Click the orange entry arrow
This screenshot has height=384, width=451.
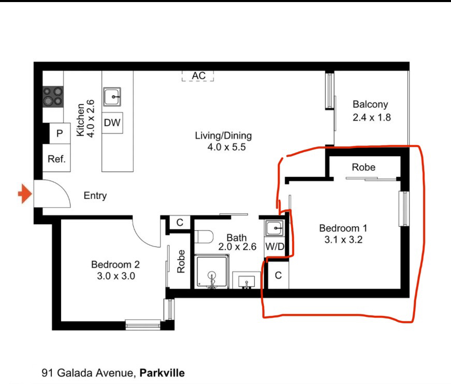pyautogui.click(x=25, y=194)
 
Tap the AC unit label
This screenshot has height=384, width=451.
pyautogui.click(x=199, y=76)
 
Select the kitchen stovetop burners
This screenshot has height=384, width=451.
pyautogui.click(x=53, y=97)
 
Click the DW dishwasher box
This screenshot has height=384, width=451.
pyautogui.click(x=112, y=123)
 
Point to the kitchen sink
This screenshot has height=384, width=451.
pyautogui.click(x=112, y=97)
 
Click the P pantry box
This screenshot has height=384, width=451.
pyautogui.click(x=60, y=134)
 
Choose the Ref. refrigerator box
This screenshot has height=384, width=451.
pyautogui.click(x=56, y=158)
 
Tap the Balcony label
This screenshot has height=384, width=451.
pyautogui.click(x=370, y=104)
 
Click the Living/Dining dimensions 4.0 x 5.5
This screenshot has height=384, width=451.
pyautogui.click(x=227, y=147)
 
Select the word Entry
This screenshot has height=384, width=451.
pyautogui.click(x=95, y=196)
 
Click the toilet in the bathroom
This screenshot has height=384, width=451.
pyautogui.click(x=204, y=237)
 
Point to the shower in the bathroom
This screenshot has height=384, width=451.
pyautogui.click(x=212, y=271)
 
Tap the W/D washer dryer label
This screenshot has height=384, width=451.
pyautogui.click(x=274, y=246)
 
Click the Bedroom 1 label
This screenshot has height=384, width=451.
pyautogui.click(x=343, y=228)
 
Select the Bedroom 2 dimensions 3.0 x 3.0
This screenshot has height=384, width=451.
pyautogui.click(x=116, y=276)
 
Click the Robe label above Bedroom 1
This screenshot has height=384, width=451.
pyautogui.click(x=363, y=167)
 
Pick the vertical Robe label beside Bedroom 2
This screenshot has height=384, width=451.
pyautogui.click(x=181, y=261)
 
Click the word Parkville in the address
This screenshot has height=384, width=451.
pyautogui.click(x=162, y=373)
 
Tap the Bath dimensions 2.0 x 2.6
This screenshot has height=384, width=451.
pyautogui.click(x=237, y=247)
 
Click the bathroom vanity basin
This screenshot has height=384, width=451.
pyautogui.click(x=246, y=280)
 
